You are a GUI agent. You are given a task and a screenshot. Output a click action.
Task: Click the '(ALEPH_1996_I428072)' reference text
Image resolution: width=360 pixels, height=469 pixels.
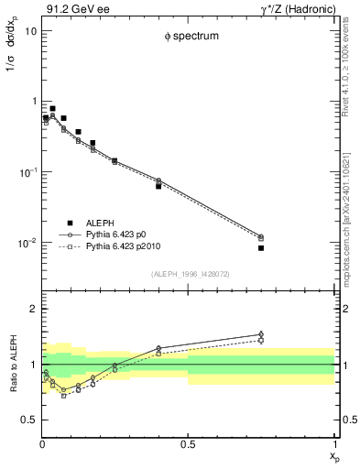(188, 273)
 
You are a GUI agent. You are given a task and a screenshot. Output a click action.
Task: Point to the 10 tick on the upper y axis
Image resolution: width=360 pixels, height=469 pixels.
(30, 30)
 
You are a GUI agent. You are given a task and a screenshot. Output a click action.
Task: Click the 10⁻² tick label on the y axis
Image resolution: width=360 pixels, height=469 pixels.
(27, 244)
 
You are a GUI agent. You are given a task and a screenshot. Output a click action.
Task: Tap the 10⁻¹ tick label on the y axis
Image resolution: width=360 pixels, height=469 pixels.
(27, 172)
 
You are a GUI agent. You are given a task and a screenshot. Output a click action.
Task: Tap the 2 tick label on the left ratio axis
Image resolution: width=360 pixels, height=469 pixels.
(32, 310)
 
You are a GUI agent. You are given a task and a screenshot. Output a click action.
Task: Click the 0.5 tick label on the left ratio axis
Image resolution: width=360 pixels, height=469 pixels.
(27, 420)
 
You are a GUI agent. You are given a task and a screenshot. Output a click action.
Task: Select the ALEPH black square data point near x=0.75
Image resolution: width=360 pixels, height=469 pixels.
(261, 247)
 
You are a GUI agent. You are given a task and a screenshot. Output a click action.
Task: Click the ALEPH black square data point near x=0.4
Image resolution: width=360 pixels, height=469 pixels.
(158, 186)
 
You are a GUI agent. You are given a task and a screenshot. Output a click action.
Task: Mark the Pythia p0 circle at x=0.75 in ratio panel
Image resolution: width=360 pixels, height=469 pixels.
(261, 334)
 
